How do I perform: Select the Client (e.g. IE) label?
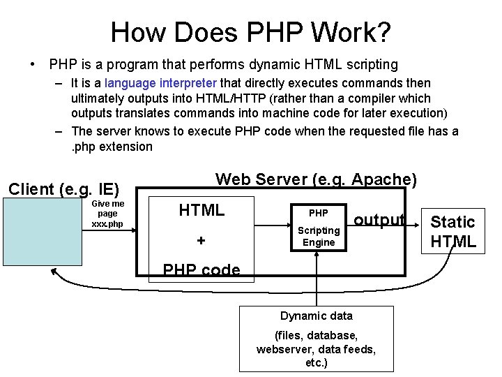pyautogui.click(x=63, y=188)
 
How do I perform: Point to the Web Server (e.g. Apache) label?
pyautogui.click(x=316, y=179)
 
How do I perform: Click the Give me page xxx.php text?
pyautogui.click(x=107, y=214)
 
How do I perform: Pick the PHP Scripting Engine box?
pyautogui.click(x=318, y=228)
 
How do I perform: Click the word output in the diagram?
pyautogui.click(x=379, y=220)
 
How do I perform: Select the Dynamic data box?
pyautogui.click(x=316, y=339)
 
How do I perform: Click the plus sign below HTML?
pyautogui.click(x=201, y=241)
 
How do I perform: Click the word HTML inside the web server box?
pyautogui.click(x=201, y=210)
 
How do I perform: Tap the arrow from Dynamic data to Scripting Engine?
pyautogui.click(x=317, y=279)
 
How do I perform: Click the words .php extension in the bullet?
pyautogui.click(x=112, y=147)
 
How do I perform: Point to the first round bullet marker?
pyautogui.click(x=33, y=65)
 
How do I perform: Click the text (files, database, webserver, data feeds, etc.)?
pyautogui.click(x=316, y=349)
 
